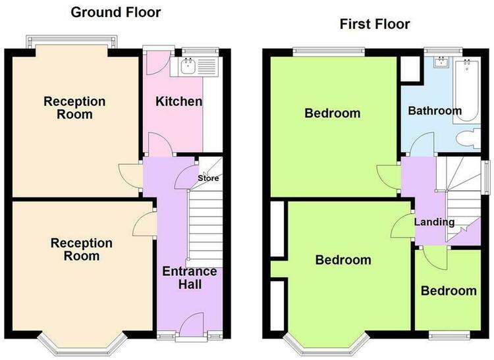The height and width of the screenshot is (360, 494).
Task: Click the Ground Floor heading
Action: pyautogui.click(x=116, y=13)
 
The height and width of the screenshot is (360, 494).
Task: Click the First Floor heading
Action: pyautogui.click(x=375, y=24)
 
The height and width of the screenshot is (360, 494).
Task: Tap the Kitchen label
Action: pyautogui.click(x=178, y=101)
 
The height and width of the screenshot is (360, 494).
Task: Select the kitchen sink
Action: pyautogui.click(x=188, y=66)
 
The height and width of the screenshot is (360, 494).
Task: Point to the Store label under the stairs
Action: pyautogui.click(x=208, y=178)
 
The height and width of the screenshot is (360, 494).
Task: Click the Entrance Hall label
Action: pyautogui.click(x=190, y=278)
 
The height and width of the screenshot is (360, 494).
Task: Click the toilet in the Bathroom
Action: pyautogui.click(x=468, y=138)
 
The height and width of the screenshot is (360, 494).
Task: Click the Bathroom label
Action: pyautogui.click(x=435, y=111)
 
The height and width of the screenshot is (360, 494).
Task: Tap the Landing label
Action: pyautogui.click(x=434, y=222)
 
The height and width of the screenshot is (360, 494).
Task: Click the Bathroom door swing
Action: pyautogui.click(x=422, y=143)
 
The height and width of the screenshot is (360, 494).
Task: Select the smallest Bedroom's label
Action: pyautogui.click(x=449, y=291)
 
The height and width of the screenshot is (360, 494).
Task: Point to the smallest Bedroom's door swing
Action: pyautogui.click(x=435, y=258)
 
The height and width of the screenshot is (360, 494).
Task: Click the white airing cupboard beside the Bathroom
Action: pyautogui.click(x=411, y=68)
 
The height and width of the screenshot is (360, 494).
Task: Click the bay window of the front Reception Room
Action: pyautogui.click(x=82, y=344)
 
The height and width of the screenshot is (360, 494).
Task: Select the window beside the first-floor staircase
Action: pyautogui.click(x=487, y=178)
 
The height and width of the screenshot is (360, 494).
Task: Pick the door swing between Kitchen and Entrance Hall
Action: pyautogui.click(x=160, y=144)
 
